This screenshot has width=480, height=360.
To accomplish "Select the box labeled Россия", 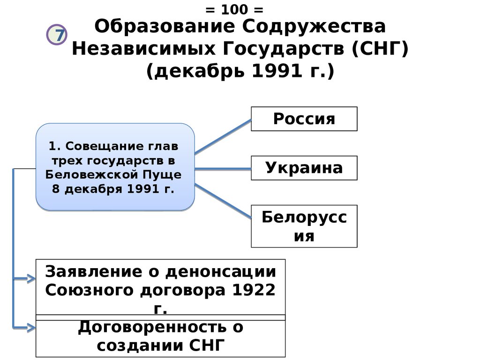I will click(x=304, y=119).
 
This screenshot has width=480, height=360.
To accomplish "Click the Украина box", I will click(x=304, y=168).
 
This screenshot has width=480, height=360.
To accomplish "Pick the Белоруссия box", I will click(x=304, y=226).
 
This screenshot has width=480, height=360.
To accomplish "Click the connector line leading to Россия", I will click(x=223, y=136).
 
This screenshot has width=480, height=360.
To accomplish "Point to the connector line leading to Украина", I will click(x=223, y=168).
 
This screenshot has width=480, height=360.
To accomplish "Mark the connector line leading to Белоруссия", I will click(x=223, y=200).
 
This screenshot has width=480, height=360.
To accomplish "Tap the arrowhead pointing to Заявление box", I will click(x=31, y=279).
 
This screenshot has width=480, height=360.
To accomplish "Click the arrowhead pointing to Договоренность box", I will click(x=31, y=327).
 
